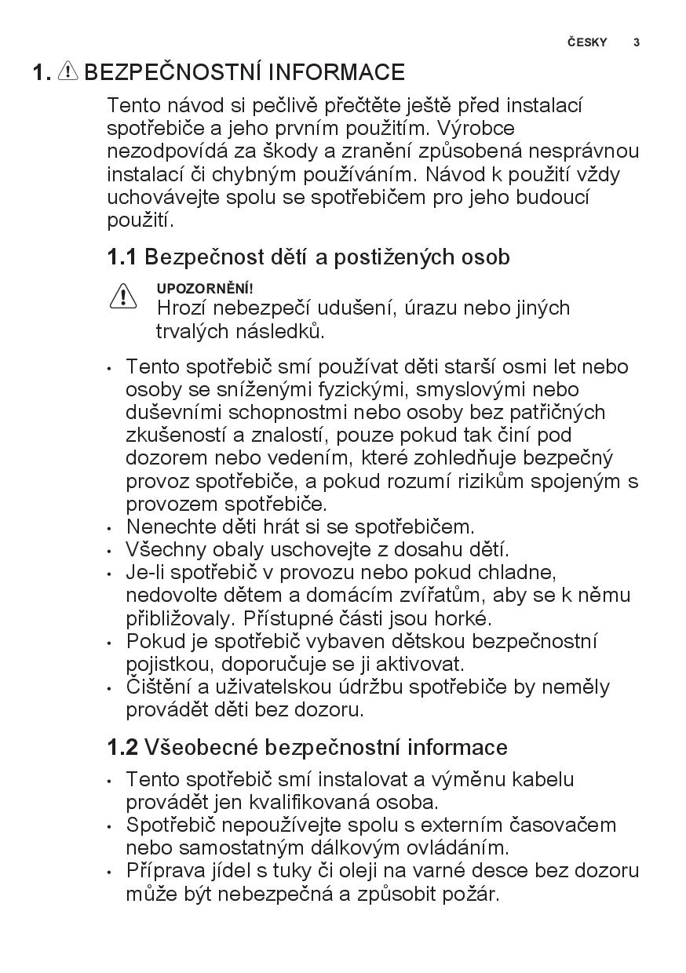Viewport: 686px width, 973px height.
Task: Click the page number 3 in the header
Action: click(637, 42)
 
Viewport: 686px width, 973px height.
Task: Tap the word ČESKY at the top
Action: click(587, 42)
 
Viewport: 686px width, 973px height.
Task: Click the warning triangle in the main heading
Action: click(68, 72)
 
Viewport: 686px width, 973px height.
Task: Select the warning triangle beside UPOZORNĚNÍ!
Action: click(123, 297)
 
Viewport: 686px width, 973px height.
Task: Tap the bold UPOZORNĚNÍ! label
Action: click(205, 289)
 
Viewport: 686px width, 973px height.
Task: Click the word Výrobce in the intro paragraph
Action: click(476, 128)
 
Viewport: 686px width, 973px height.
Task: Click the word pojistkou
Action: click(164, 665)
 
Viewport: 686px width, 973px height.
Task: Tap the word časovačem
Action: click(563, 825)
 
